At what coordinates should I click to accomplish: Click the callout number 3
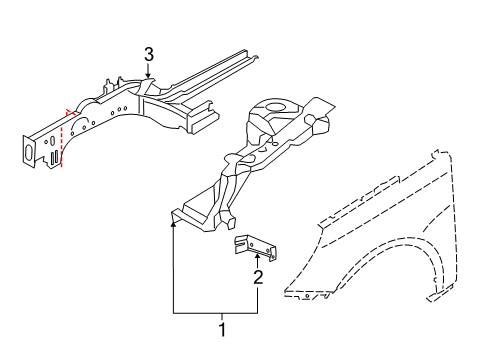(149, 54)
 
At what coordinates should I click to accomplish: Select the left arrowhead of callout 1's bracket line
(173, 224)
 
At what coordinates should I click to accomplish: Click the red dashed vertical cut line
(62, 143)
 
